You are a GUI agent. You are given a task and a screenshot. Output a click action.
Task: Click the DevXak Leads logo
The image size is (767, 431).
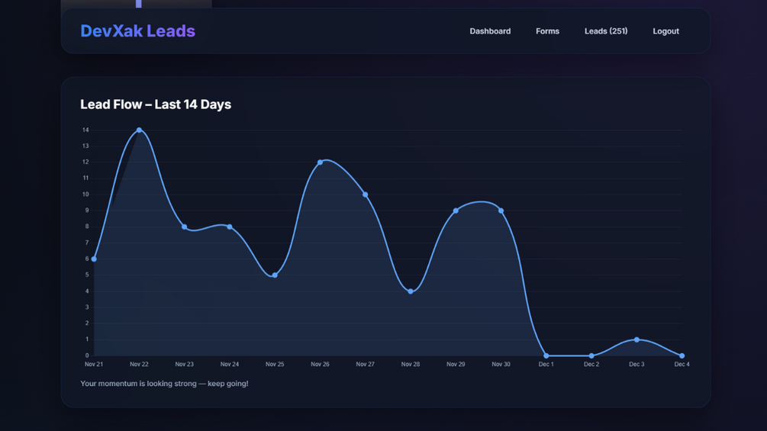pos(137,31)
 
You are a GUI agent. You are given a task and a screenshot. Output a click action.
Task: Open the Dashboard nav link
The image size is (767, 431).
pos(490,31)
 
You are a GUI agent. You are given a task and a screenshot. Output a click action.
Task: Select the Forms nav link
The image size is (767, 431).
pos(547,31)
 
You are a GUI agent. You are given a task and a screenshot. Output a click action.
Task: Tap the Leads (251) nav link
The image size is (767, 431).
pos(606,31)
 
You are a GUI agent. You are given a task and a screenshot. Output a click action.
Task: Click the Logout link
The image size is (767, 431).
pos(665,31)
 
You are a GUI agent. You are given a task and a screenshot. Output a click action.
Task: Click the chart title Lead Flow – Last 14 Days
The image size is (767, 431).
pos(156,105)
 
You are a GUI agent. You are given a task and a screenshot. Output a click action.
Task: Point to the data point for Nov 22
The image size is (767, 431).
pos(139,130)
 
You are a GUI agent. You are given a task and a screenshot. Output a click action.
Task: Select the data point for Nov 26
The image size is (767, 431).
pos(321,162)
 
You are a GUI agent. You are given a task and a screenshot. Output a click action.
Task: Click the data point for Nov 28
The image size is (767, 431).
pos(411,291)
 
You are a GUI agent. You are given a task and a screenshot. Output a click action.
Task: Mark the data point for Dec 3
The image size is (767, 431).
pos(636,339)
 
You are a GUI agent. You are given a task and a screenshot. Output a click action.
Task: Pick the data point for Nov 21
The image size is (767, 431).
pos(94,259)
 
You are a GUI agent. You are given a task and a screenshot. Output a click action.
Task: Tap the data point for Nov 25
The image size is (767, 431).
pos(275,275)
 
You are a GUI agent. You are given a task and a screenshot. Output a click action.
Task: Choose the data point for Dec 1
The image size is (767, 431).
pos(546,355)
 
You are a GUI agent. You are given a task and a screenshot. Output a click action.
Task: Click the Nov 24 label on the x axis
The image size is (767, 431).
pos(230,365)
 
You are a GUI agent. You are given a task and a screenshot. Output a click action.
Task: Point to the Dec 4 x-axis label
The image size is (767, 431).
pos(682,365)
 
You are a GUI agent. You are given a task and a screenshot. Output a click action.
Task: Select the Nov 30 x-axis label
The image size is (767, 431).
pos(501,365)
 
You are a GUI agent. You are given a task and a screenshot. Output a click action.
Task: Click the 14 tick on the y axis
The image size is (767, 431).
pos(85,130)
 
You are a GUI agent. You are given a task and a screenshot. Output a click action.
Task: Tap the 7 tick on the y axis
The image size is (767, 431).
pos(87,243)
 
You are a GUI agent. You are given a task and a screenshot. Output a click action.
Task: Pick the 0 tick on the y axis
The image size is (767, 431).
pos(87,355)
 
